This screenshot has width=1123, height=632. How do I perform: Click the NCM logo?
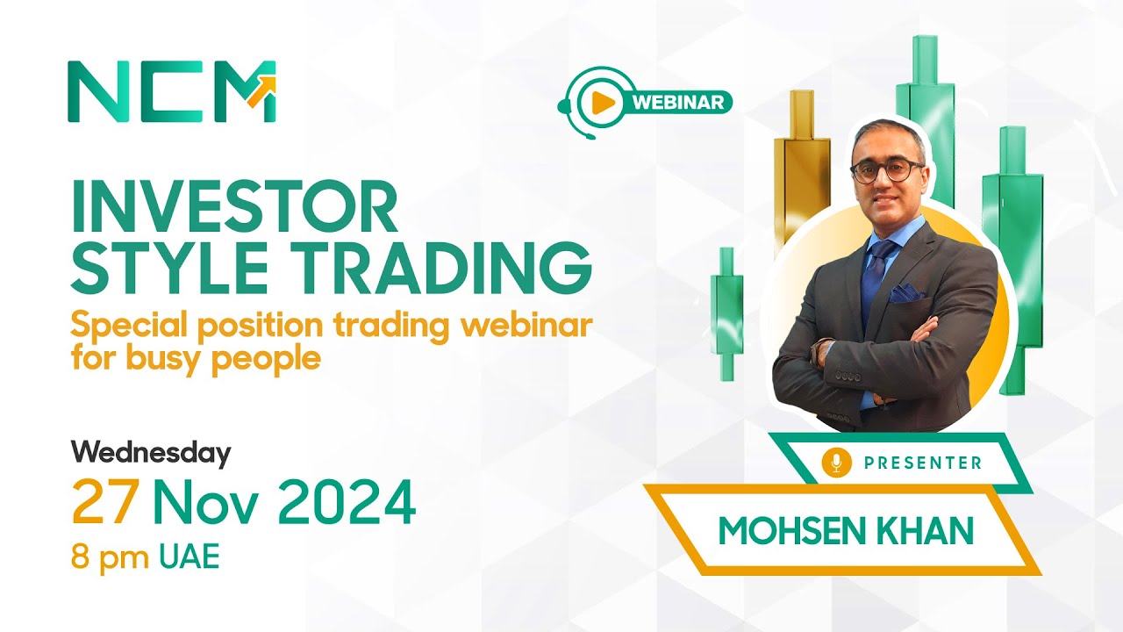(172, 91)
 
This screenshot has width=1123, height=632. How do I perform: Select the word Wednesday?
(151, 453)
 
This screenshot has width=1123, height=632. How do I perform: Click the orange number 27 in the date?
(105, 503)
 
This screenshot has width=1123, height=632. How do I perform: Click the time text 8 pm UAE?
(146, 557)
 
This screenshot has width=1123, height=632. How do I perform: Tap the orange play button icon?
(602, 103)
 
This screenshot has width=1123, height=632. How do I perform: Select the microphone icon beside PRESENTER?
(836, 463)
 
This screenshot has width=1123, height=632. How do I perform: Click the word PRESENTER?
(923, 463)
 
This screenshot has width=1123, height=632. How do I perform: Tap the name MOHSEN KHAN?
(846, 530)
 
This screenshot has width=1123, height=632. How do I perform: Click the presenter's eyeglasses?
(885, 170)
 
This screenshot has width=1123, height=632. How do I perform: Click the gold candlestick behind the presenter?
(802, 167)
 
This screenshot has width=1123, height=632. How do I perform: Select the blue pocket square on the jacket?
(906, 293)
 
